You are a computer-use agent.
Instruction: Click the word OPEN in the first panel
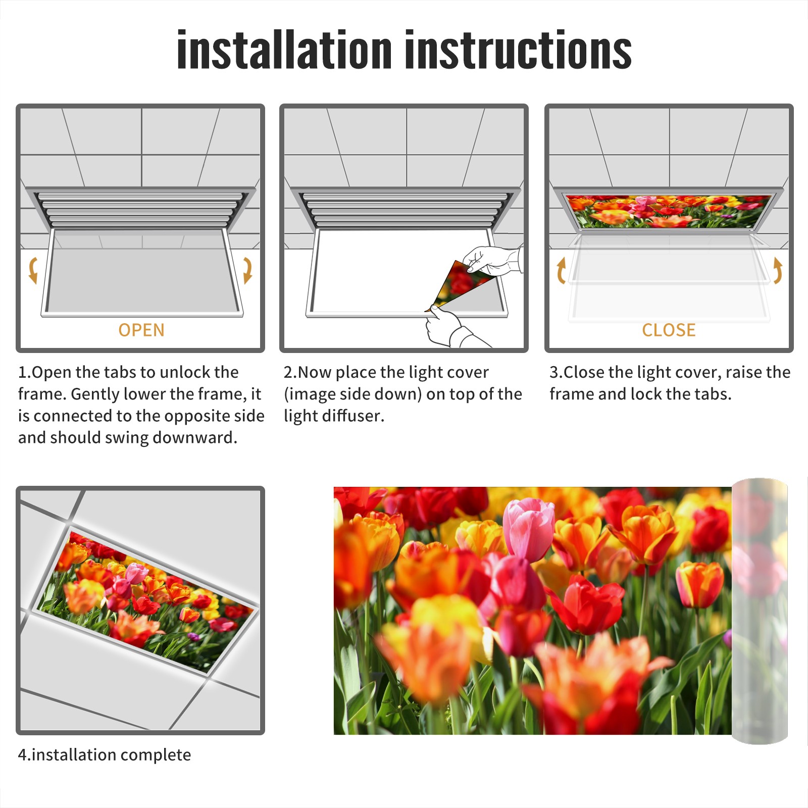(x=141, y=330)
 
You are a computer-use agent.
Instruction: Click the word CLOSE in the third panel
(x=669, y=330)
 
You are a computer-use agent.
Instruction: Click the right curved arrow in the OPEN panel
(x=247, y=270)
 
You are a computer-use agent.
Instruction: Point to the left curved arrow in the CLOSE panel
(x=561, y=270)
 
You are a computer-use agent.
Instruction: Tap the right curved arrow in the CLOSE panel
(x=778, y=270)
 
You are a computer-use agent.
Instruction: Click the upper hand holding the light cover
(x=492, y=261)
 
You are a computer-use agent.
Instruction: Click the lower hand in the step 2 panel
(x=449, y=328)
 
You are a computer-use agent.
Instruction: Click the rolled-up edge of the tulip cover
(x=759, y=611)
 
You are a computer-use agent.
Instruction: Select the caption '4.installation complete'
(x=105, y=755)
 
